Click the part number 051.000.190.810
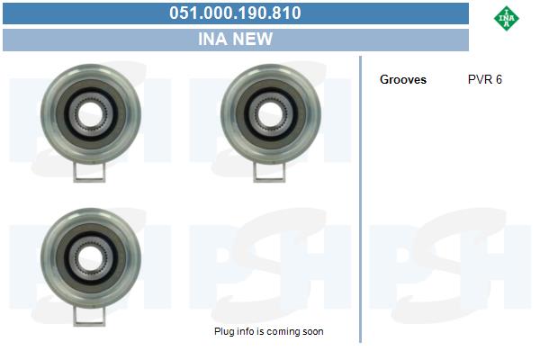(235, 13)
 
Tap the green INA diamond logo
(506, 18)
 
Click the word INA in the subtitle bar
(211, 39)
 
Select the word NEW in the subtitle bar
(252, 39)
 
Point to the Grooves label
(403, 79)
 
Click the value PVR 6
(485, 79)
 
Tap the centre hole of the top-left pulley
(90, 114)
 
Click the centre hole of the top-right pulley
(270, 114)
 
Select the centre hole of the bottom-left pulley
(90, 258)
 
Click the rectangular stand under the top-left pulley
(89, 172)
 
